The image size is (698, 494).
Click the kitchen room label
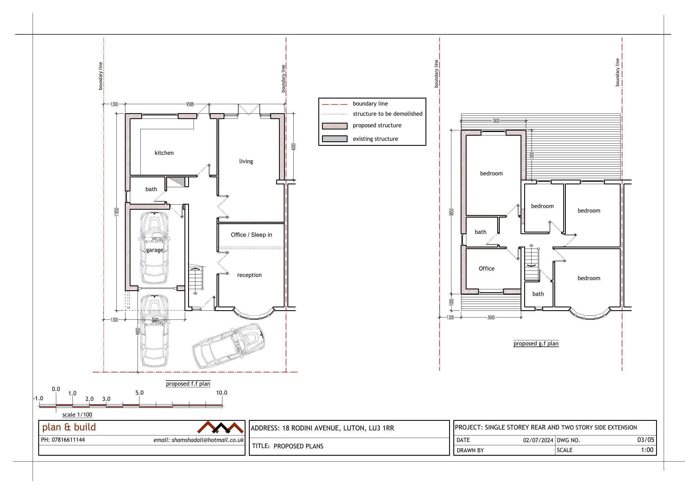pos(164,153)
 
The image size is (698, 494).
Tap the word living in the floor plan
pos(246,161)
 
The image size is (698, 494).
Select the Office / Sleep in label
pos(251,235)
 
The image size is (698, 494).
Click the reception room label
pos(249,275)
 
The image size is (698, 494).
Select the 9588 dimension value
pos(190,104)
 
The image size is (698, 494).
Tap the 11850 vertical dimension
pos(116,213)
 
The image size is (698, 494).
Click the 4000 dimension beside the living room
pos(293,147)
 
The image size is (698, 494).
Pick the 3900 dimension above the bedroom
pos(496,121)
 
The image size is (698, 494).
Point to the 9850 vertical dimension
pos(452,212)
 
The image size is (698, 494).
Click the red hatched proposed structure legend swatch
pos(335,126)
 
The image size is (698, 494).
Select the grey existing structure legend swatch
pos(335,139)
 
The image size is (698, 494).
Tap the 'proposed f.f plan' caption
pos(188,384)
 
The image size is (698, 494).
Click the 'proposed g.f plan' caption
pos(536,344)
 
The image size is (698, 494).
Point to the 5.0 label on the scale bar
pos(139,393)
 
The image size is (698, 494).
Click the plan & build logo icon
pos(220,427)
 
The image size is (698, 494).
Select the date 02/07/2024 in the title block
pos(538,440)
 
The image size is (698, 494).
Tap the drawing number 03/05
pos(646,440)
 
